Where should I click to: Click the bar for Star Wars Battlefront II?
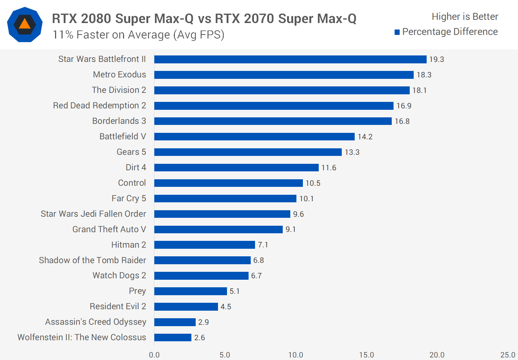[x=290, y=59]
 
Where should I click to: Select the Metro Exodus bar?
[x=284, y=75]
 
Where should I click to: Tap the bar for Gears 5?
[x=248, y=152]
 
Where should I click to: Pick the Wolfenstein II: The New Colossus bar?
[x=173, y=337]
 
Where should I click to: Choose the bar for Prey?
[x=191, y=291]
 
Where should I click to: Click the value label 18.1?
[x=419, y=90]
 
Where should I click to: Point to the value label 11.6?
[x=329, y=168]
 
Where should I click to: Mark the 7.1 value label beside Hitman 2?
[x=263, y=245]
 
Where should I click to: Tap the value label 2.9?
[x=204, y=322]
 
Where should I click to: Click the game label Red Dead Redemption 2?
[x=100, y=105]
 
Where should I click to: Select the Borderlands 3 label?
[x=119, y=121]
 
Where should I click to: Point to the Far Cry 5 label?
[x=129, y=198]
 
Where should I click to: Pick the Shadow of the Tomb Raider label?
[x=92, y=260]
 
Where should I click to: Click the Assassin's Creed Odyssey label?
[x=96, y=322]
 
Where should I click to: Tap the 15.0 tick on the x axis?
[x=367, y=355]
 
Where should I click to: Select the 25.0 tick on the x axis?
[x=508, y=355]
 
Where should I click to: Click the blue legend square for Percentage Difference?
[x=397, y=32]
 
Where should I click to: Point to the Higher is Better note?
[x=465, y=17]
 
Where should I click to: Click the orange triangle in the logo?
[x=24, y=24]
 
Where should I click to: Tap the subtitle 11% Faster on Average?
[x=138, y=35]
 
